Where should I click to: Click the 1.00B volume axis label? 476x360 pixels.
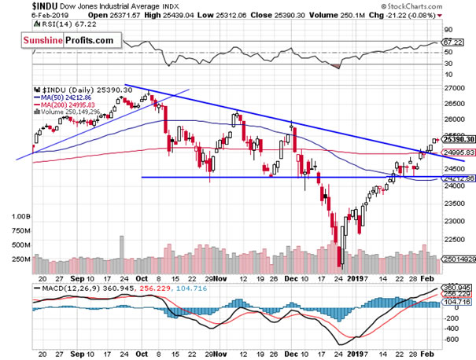coord(20,215)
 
